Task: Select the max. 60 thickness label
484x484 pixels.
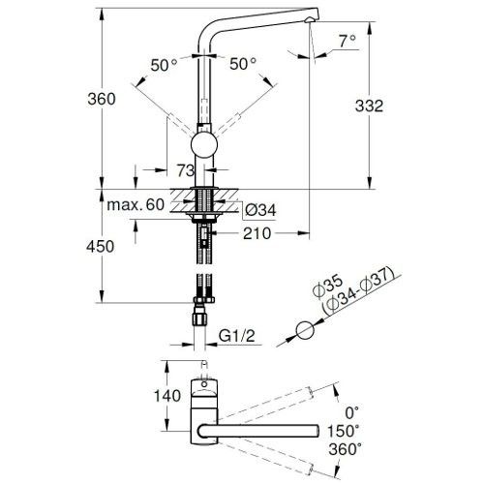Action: pos(136,204)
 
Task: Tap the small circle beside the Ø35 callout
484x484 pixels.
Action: pos(306,330)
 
